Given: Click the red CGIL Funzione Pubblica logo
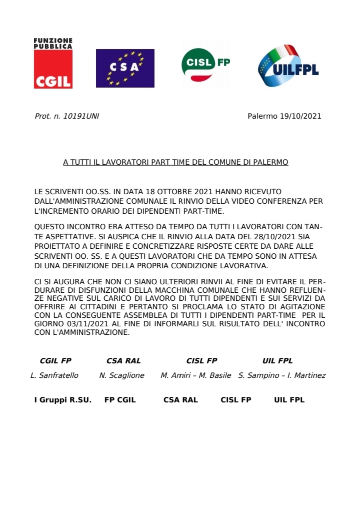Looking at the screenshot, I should coord(53,63).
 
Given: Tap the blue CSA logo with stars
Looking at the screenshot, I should coord(125,68).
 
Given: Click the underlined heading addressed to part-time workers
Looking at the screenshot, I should coord(175,163).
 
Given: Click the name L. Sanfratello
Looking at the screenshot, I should coord(54,375).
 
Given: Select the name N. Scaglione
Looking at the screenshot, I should coord(121,375).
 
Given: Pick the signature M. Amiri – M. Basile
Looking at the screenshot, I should coord(195,375).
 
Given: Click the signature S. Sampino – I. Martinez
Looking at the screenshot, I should coord(282,375).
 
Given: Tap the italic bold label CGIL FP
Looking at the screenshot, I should coord(55,360).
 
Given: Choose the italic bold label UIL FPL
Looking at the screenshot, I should coord(277,360).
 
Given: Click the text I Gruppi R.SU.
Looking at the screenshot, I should coord(62,400).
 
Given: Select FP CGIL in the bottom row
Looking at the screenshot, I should coord(120,400).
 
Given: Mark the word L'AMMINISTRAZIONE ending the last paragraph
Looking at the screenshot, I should coord(92,332).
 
